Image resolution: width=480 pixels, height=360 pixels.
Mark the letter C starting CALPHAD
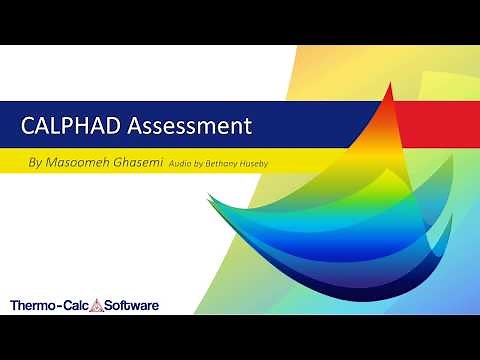click(x=30, y=126)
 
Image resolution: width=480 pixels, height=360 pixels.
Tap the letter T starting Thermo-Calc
click(x=13, y=304)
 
